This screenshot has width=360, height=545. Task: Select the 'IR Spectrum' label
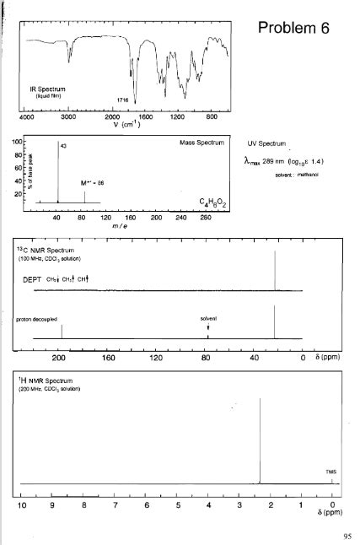(49, 89)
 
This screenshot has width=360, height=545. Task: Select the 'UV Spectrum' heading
(267, 144)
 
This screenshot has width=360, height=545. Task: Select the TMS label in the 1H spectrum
(330, 472)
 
